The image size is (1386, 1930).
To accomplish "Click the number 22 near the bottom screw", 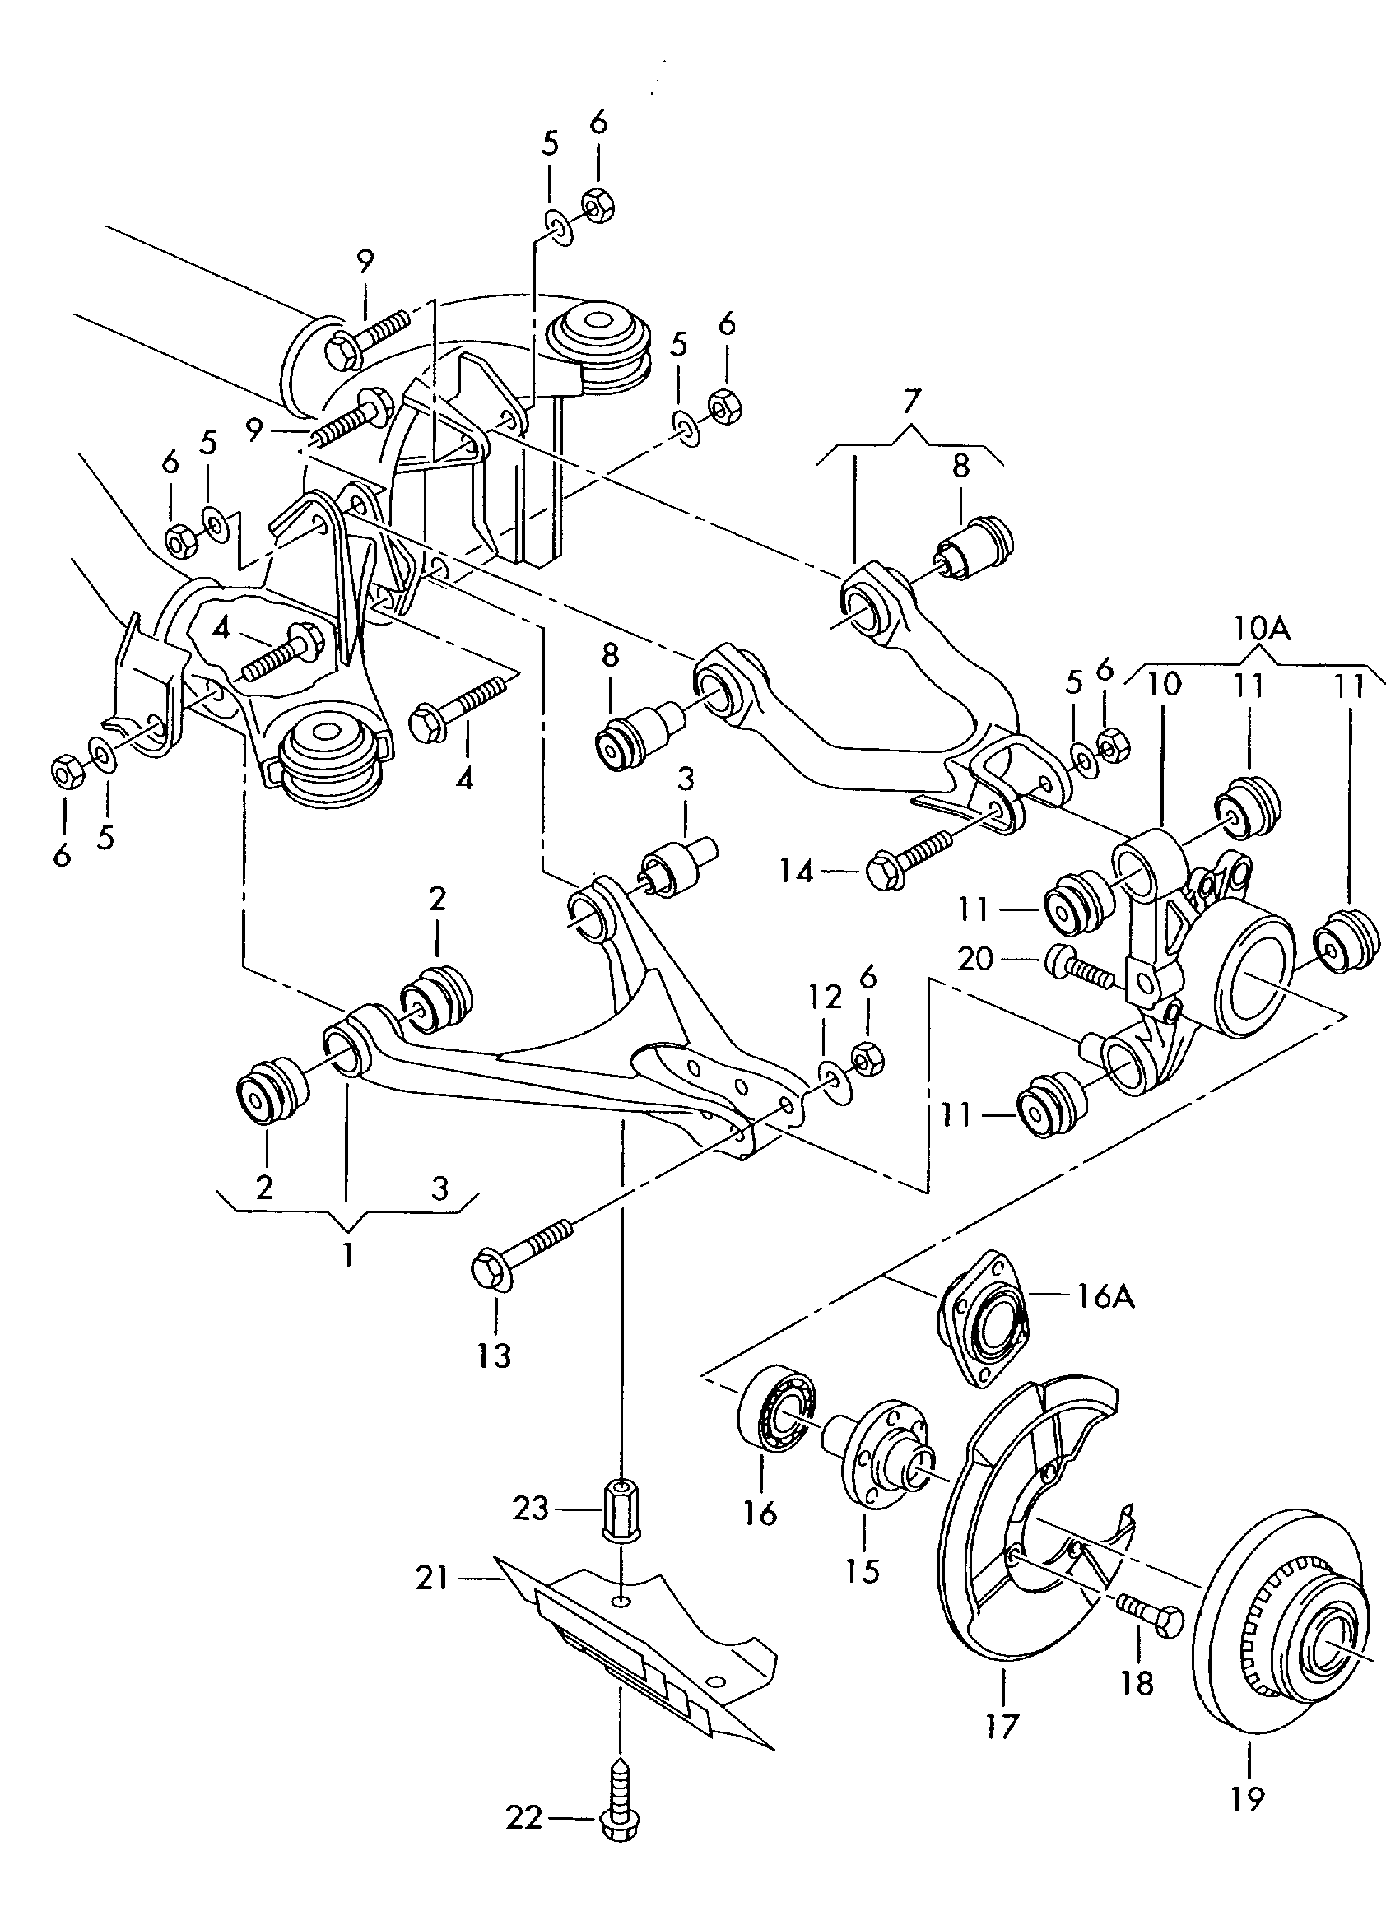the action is [x=524, y=1818].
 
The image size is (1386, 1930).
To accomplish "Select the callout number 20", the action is [x=975, y=959].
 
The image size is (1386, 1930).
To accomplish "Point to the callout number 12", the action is [x=825, y=997].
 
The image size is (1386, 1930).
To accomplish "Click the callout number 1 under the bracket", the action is [x=347, y=1253].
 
